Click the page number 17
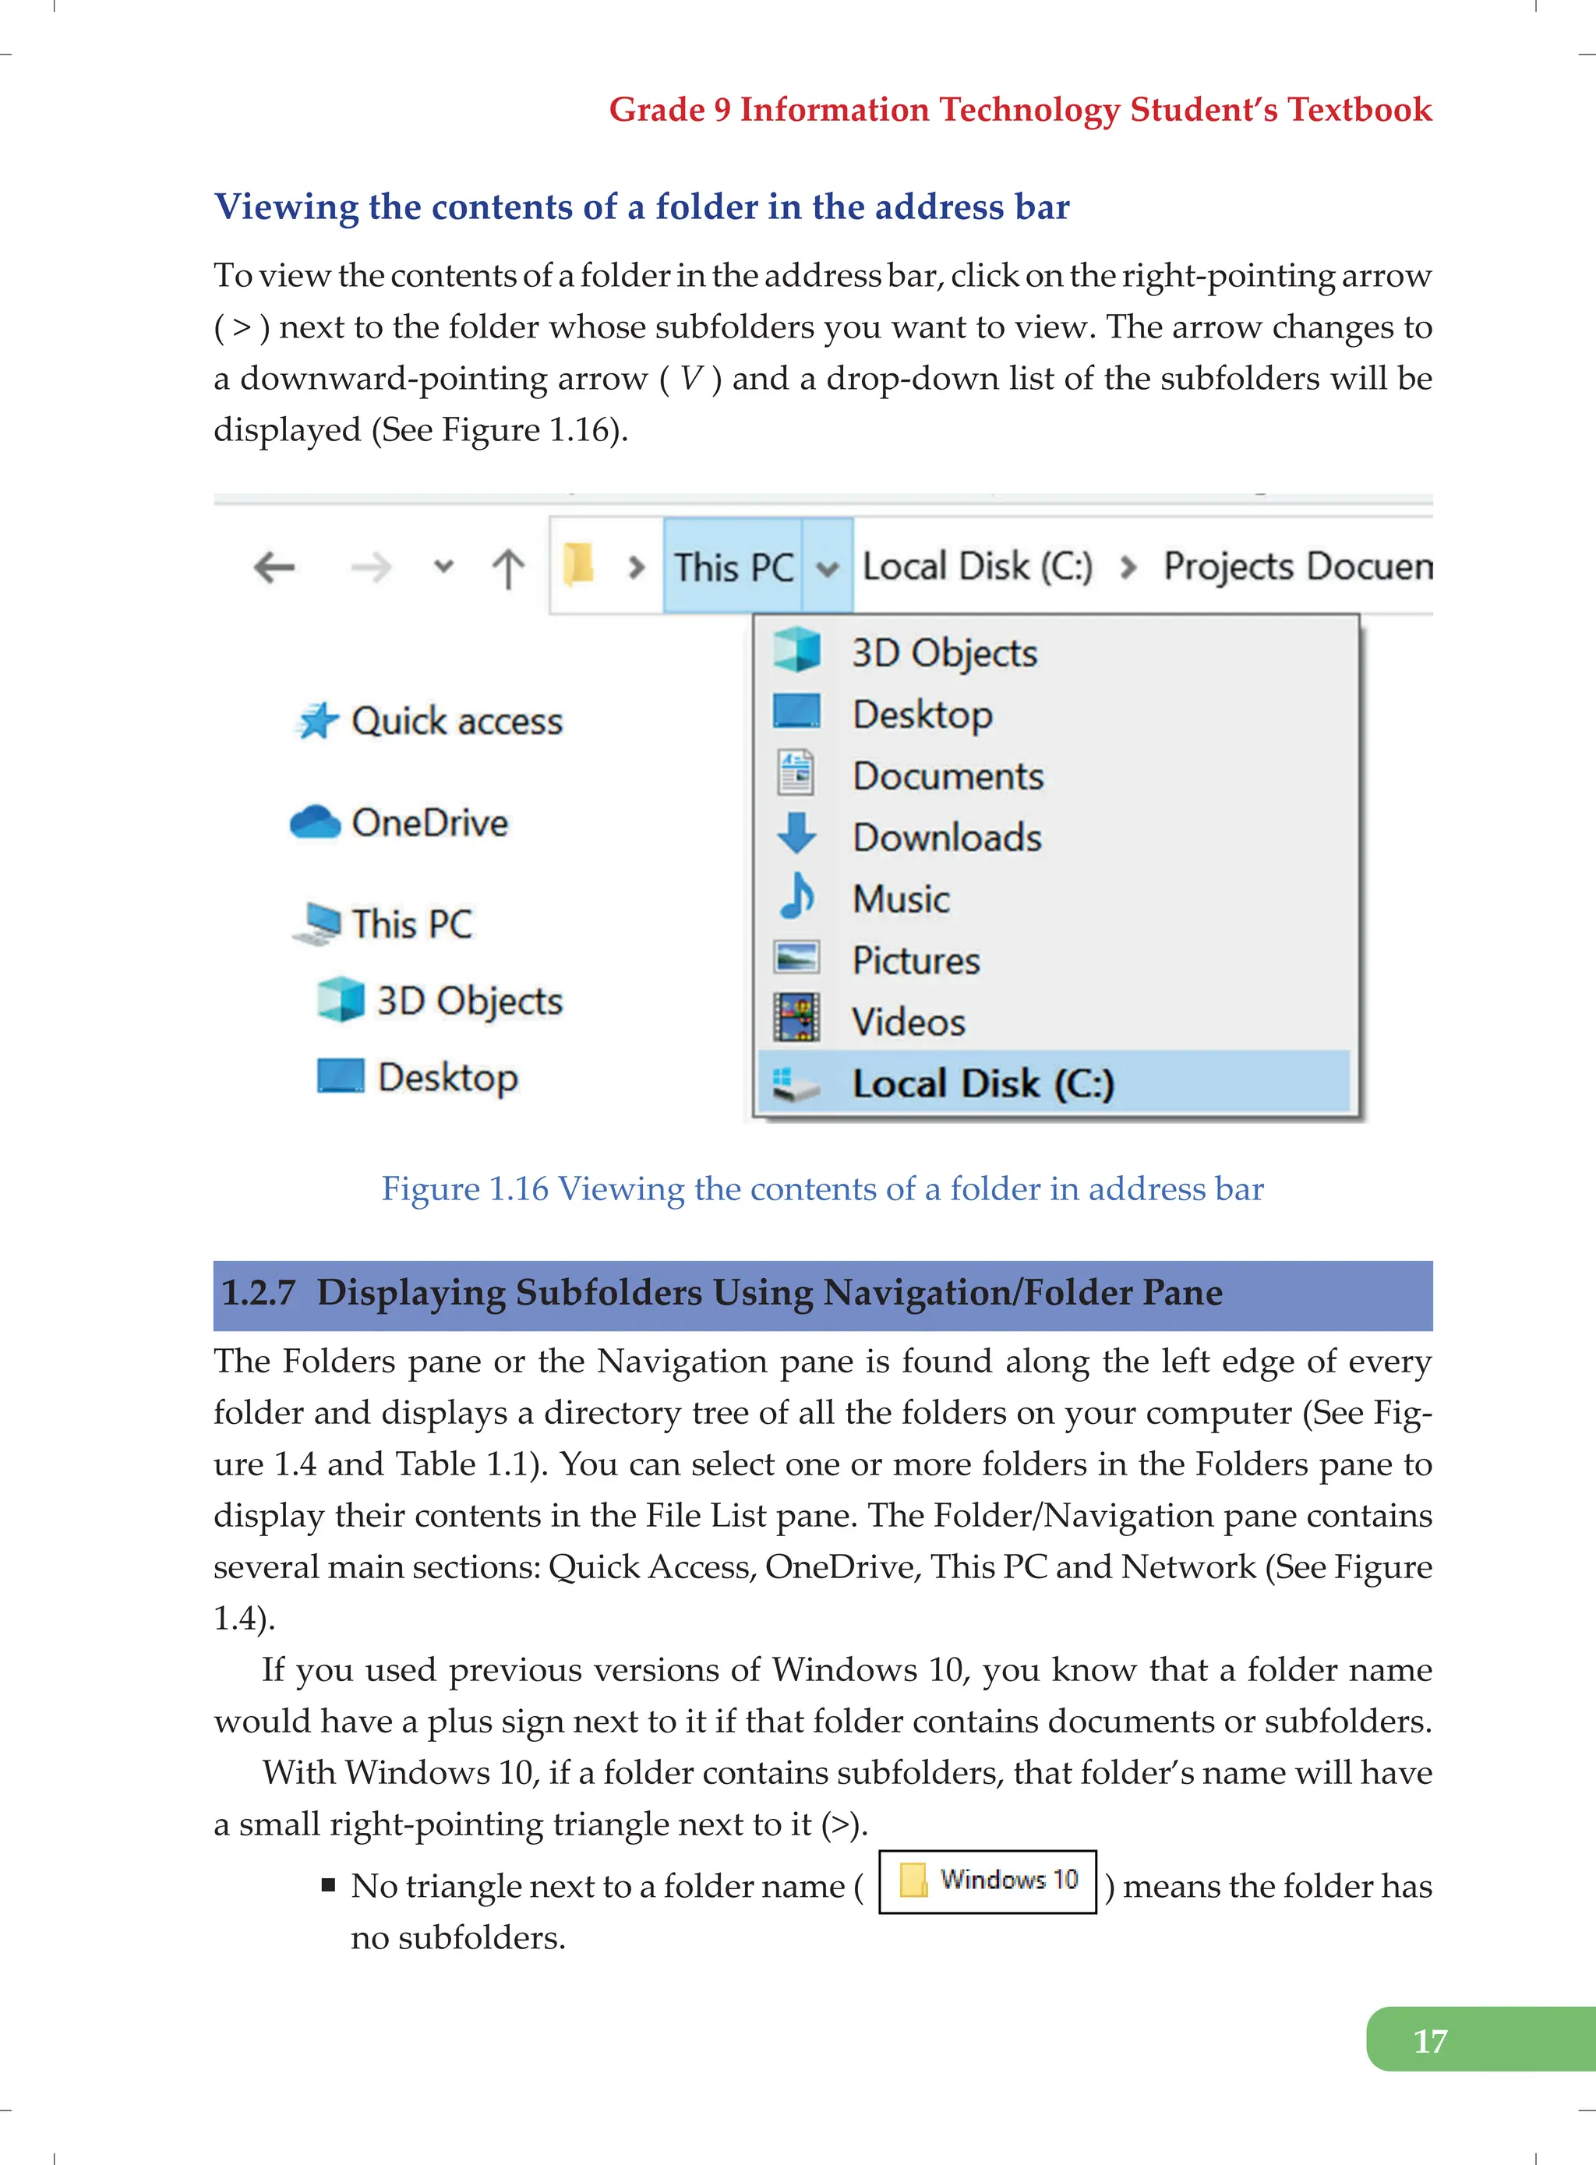coord(1430,2040)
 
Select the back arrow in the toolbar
coord(274,567)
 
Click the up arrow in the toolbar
coord(508,568)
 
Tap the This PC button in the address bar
coord(733,567)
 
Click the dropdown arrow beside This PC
coord(827,568)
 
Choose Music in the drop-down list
coord(900,899)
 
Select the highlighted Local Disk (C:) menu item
coord(983,1083)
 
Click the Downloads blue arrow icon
coord(797,835)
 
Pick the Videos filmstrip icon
coord(797,1019)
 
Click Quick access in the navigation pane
coord(456,722)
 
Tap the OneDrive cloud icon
coord(315,822)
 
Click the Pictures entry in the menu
coord(916,961)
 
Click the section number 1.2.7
coord(258,1293)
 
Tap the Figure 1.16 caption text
coord(822,1188)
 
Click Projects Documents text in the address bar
coord(1297,567)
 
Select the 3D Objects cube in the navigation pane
coord(341,1000)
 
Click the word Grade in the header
coord(656,109)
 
